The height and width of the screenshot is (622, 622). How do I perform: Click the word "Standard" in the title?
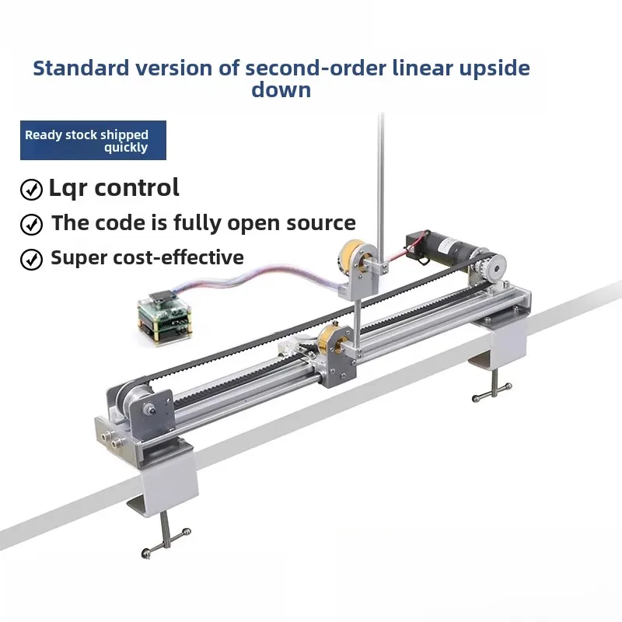[81, 68]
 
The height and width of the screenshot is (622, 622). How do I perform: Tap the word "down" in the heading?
[281, 89]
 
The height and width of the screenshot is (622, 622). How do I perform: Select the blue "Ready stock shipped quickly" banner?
[93, 141]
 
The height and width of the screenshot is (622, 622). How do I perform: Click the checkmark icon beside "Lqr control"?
[31, 189]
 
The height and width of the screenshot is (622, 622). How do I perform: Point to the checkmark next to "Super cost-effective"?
[31, 260]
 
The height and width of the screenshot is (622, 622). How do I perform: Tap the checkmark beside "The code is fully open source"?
[31, 225]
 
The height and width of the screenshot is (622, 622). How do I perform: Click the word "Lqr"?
[68, 188]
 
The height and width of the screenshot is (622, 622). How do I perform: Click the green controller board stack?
[165, 317]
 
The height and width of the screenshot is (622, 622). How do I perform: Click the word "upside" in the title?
[494, 68]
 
